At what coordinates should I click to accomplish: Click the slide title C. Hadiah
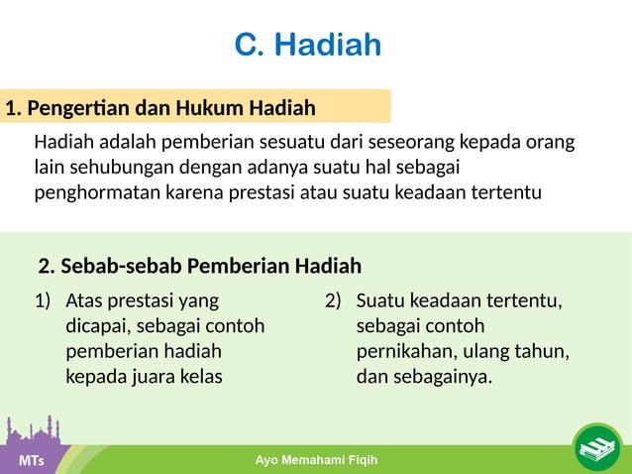(x=307, y=46)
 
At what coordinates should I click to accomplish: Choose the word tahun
(x=544, y=351)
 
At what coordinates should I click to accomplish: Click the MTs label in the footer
(x=31, y=462)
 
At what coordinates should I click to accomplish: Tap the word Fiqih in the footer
(x=358, y=461)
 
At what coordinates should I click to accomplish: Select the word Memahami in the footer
(x=308, y=461)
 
